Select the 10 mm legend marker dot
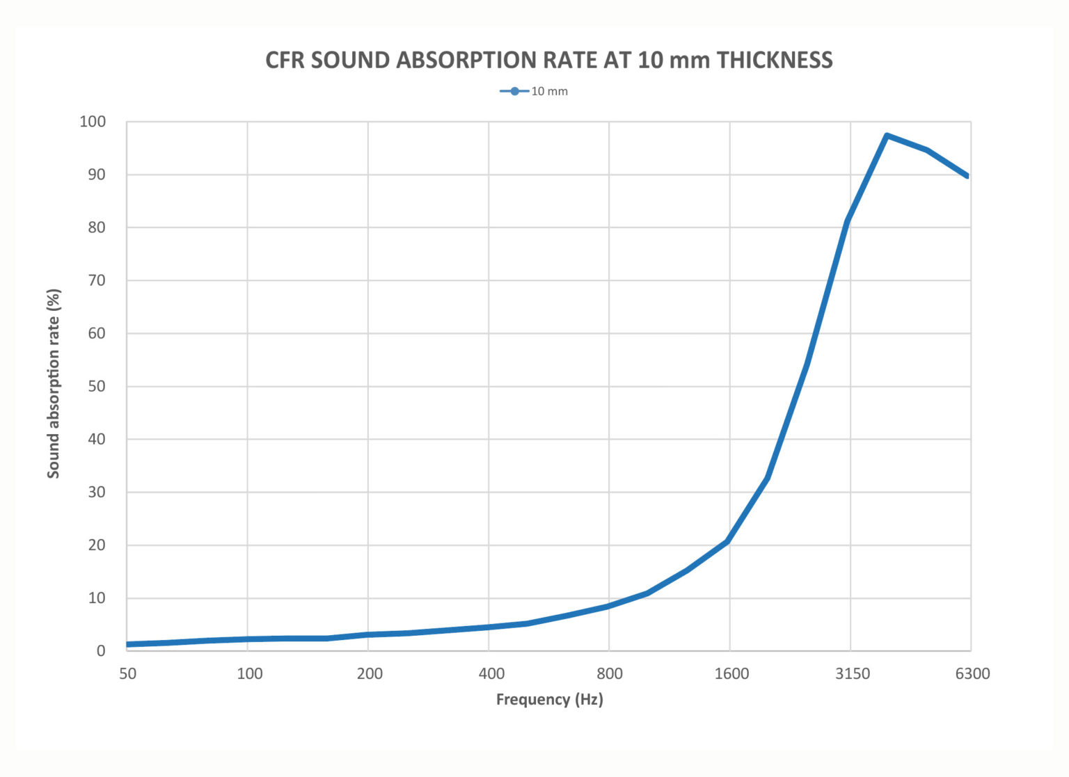[514, 91]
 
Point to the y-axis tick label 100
[93, 122]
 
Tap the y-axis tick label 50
[97, 386]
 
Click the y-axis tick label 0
[101, 651]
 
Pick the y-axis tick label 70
[97, 280]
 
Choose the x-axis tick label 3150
[852, 673]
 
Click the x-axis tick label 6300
[972, 673]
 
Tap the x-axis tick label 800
[610, 673]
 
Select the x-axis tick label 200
[370, 673]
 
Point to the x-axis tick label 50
[128, 673]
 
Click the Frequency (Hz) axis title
[549, 699]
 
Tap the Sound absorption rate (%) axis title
[54, 383]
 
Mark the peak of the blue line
[887, 136]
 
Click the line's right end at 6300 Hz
[968, 176]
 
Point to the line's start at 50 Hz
[129, 644]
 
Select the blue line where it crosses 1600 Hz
[729, 540]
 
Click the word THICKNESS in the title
[775, 61]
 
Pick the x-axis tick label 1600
[731, 673]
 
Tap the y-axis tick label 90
[97, 175]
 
